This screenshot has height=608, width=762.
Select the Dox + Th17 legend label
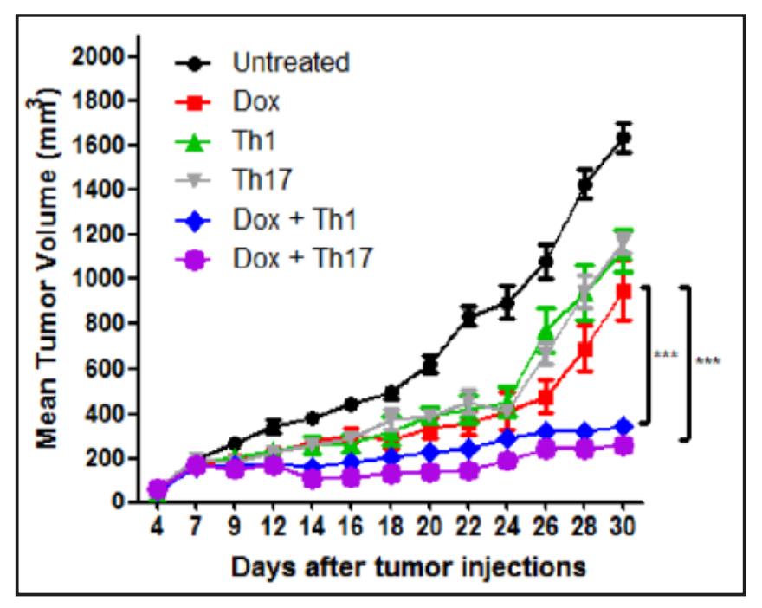[302, 258]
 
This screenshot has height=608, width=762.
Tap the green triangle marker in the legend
[197, 141]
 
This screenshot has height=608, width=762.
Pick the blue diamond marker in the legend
[197, 219]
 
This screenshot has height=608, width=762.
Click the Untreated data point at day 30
[623, 139]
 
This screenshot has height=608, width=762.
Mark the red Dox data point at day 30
[623, 291]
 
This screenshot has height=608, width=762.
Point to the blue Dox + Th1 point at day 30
[623, 426]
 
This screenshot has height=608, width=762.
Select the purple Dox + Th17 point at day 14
[313, 479]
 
